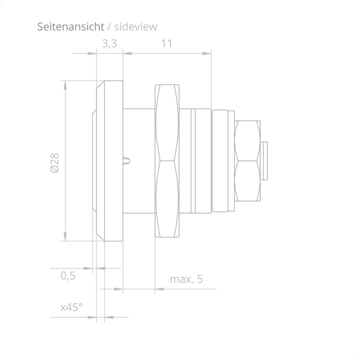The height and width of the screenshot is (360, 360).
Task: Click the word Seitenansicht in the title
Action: [x=71, y=26]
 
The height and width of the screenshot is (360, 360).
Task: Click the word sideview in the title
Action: [x=136, y=26]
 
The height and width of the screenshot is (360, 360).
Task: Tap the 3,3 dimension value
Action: [x=109, y=44]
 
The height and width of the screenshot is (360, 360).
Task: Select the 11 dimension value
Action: [x=167, y=43]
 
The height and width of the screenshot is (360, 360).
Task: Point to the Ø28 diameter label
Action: [x=55, y=163]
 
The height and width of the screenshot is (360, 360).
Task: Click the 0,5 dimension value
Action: [x=68, y=276]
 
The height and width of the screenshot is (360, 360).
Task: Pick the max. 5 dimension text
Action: [x=186, y=279]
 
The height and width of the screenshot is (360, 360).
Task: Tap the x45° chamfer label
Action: [x=72, y=307]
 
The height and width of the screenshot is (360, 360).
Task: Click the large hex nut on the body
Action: [x=167, y=161]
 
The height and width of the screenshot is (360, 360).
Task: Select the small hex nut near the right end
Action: [x=248, y=161]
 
